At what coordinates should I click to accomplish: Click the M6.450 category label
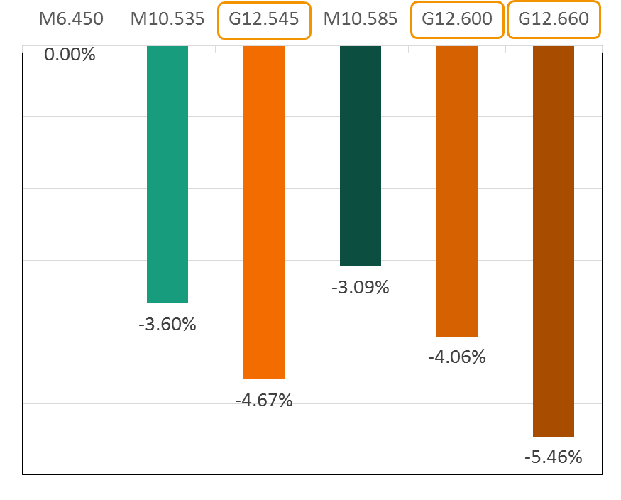click(71, 19)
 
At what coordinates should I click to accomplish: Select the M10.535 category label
click(167, 19)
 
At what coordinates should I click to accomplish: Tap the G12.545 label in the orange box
click(264, 19)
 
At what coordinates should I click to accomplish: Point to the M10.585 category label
click(361, 19)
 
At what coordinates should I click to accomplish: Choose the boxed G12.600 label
click(457, 19)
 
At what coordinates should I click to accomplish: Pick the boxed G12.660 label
click(554, 19)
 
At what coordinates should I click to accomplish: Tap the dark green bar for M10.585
click(361, 156)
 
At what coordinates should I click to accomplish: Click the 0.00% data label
click(70, 54)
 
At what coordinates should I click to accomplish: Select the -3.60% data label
click(167, 325)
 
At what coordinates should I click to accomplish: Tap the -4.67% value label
click(263, 400)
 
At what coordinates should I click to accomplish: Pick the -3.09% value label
click(360, 288)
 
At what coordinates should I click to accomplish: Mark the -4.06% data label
click(456, 357)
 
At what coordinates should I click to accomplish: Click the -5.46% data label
click(553, 457)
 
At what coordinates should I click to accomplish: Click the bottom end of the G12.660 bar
click(554, 435)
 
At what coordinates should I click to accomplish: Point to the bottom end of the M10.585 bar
click(361, 265)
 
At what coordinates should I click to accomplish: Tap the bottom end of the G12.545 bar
click(264, 377)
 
